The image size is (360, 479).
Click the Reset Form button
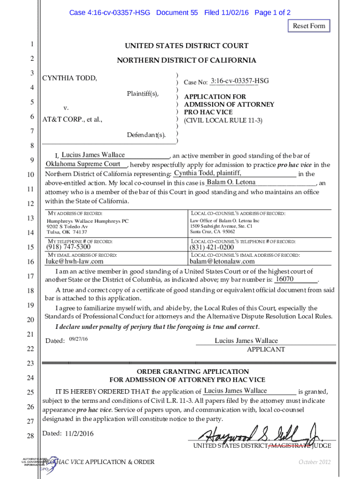pyautogui.click(x=309, y=26)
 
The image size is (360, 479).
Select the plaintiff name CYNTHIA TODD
pyautogui.click(x=70, y=78)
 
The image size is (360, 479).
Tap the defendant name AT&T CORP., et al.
pyautogui.click(x=72, y=119)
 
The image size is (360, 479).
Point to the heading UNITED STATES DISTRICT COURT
pyautogui.click(x=186, y=46)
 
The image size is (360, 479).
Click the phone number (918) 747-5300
pyautogui.click(x=68, y=247)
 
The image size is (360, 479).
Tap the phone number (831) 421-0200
pyautogui.click(x=211, y=247)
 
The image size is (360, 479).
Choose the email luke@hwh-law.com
pyautogui.click(x=74, y=261)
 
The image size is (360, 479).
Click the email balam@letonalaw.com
pyautogui.click(x=222, y=261)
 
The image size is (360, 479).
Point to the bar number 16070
pyautogui.click(x=284, y=279)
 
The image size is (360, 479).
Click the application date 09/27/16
pyautogui.click(x=78, y=338)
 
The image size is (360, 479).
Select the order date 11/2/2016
pyautogui.click(x=79, y=434)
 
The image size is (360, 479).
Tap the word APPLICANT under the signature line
pyautogui.click(x=265, y=349)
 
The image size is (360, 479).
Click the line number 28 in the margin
pyautogui.click(x=30, y=436)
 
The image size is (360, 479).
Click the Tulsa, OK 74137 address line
pyautogui.click(x=67, y=232)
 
